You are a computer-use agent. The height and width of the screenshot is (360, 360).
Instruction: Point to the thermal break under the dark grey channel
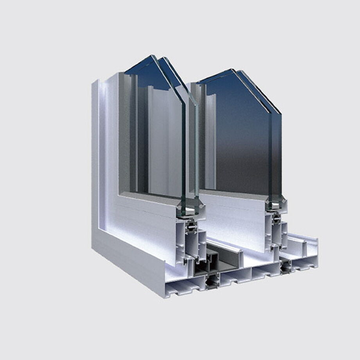pyautogui.click(x=212, y=281)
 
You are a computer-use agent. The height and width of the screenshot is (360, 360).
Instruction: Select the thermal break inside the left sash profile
pyautogui.click(x=192, y=227)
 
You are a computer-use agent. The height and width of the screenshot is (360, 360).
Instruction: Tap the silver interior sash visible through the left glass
pyautogui.click(x=160, y=137)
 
